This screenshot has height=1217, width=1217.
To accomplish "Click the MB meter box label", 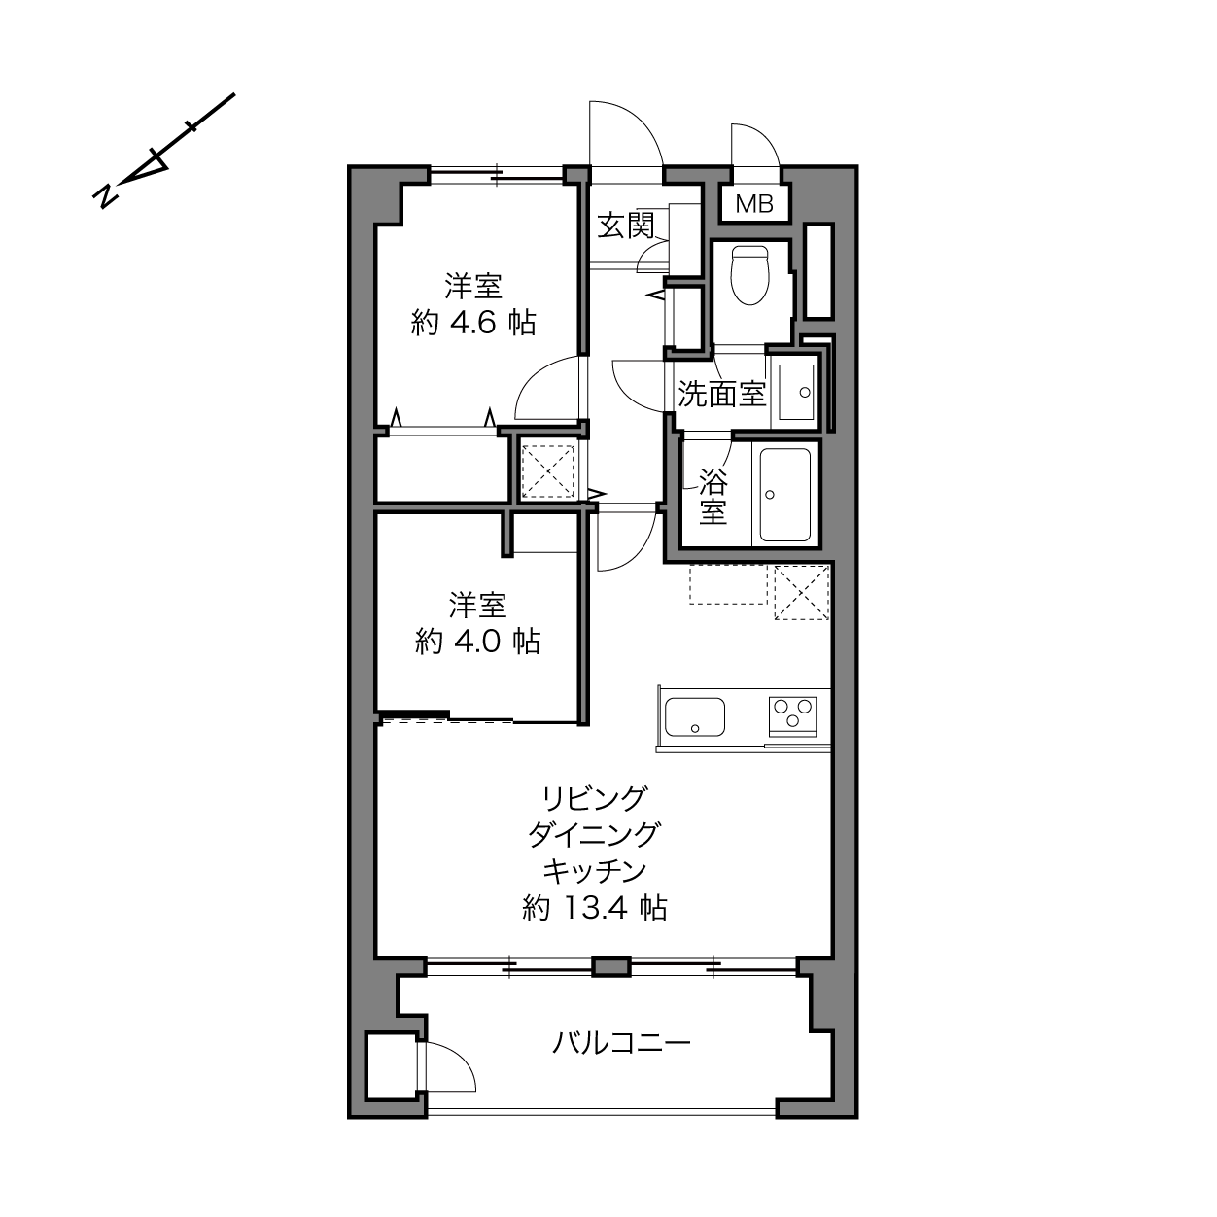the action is pos(754,204).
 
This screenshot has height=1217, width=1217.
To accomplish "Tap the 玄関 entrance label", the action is pos(626,226).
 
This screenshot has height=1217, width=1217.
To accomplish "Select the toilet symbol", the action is pos(749,275).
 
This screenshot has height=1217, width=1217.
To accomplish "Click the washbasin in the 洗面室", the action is pos(796,392).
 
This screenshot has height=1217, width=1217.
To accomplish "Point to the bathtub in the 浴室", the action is pos(785,495).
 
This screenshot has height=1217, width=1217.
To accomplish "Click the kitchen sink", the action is pos(695,716).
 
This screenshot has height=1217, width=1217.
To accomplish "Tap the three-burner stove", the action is pos(792,715).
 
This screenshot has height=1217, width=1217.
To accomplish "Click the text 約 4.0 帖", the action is pos(477,642).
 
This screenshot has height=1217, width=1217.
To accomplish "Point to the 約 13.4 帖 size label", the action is pos(595,908).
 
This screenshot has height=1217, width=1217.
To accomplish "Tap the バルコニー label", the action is pos(621,1043).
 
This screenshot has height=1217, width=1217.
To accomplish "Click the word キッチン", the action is pos(595,872).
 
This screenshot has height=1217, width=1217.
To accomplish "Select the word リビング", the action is pos(595,798).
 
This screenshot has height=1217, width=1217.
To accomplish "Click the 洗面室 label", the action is pos(722,394).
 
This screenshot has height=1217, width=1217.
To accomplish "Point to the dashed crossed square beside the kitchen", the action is pos(801,592).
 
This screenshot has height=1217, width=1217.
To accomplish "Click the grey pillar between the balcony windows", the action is pos(611,967).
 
